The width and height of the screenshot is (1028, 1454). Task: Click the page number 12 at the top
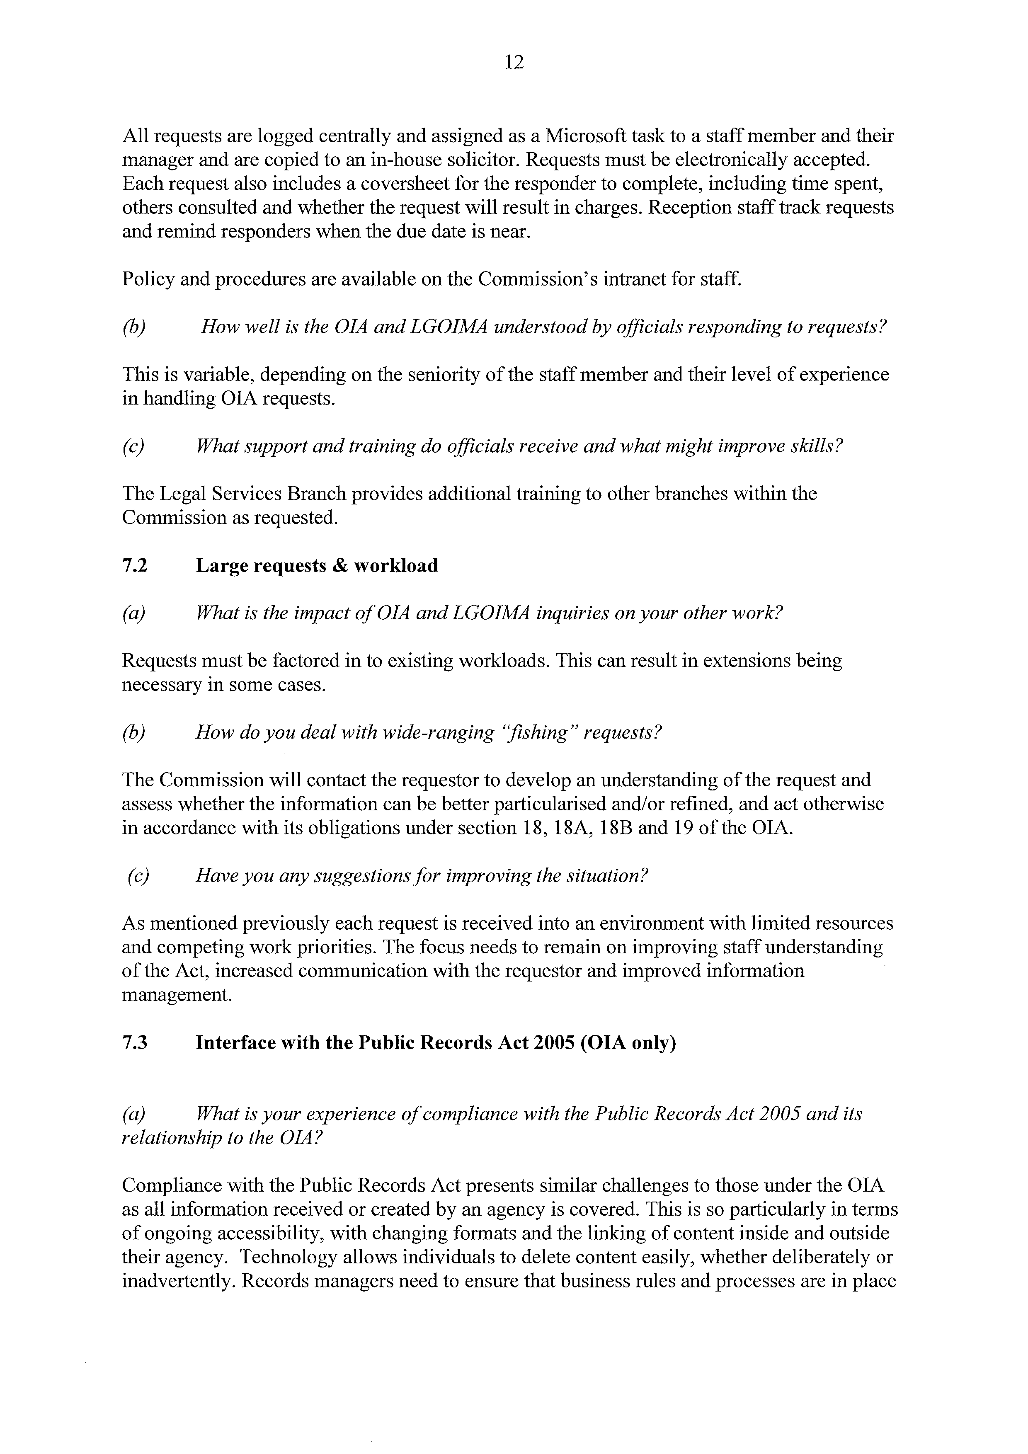pos(514,62)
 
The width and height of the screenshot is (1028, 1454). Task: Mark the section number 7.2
pos(134,565)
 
